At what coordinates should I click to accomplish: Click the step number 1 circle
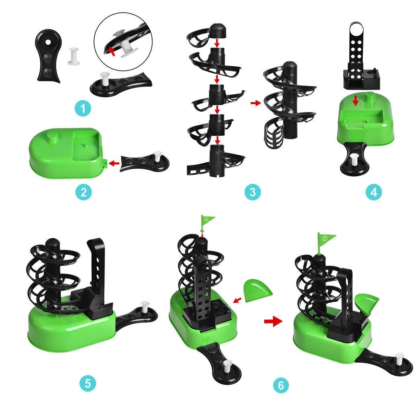(x=83, y=108)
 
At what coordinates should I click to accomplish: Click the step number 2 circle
(x=84, y=192)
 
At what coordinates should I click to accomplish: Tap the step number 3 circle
(x=253, y=192)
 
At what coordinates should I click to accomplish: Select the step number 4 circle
(x=374, y=192)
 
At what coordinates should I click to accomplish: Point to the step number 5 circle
(x=88, y=383)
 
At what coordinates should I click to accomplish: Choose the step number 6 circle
(x=281, y=385)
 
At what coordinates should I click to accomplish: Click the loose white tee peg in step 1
(x=73, y=56)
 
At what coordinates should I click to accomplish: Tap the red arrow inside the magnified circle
(x=112, y=51)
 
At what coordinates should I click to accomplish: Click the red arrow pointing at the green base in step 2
(x=114, y=163)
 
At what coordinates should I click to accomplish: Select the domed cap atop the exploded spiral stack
(x=218, y=31)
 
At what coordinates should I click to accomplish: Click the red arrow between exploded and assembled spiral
(x=256, y=103)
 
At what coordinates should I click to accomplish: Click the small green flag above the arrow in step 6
(x=207, y=219)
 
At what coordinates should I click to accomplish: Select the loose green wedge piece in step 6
(x=258, y=290)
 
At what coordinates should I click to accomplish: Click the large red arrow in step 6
(x=273, y=322)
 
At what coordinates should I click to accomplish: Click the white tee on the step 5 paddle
(x=145, y=307)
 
